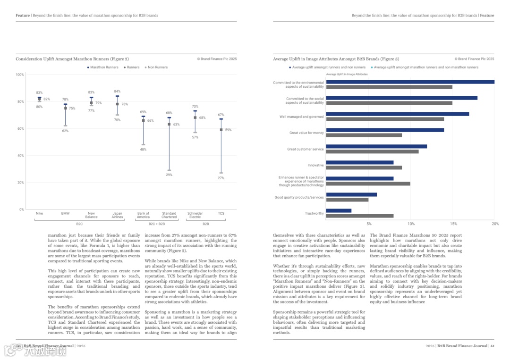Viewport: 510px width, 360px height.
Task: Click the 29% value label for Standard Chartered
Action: [169, 175]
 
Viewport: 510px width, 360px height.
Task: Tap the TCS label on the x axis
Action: [221, 213]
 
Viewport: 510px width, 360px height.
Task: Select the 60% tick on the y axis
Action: [20, 129]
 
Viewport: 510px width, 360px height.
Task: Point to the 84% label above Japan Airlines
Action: [117, 92]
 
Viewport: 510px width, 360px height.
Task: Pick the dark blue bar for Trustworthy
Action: [339, 210]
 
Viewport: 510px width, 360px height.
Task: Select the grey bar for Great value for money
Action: [364, 135]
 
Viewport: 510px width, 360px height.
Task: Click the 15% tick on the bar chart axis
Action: [453, 224]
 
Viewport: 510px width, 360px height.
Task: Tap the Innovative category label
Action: [315, 166]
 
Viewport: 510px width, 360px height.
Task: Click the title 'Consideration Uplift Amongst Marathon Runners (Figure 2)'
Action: [72, 59]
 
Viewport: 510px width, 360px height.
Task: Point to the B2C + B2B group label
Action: [157, 224]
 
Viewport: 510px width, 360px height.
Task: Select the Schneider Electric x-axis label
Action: [195, 215]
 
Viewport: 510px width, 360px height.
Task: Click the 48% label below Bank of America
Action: [143, 150]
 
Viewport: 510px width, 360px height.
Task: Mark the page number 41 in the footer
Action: [492, 346]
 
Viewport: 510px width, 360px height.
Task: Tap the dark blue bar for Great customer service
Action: [376, 146]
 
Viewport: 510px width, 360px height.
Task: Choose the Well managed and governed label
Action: [301, 117]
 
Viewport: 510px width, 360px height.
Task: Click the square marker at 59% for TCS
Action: [221, 130]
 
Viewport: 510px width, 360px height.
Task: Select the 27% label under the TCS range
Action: [221, 178]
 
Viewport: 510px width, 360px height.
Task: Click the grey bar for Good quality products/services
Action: [347, 200]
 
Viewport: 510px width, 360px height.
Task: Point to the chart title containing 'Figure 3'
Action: [336, 59]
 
